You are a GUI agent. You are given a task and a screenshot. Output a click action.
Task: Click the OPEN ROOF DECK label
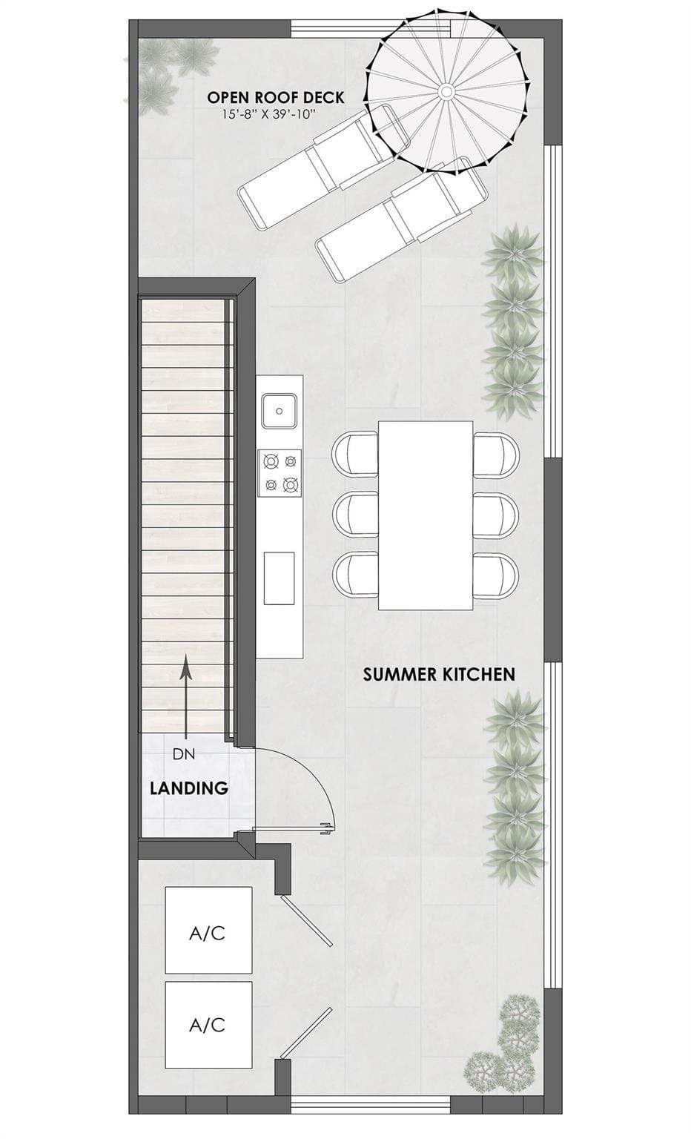pos(276,97)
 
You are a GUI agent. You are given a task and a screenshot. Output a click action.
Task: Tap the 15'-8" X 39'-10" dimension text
pos(269,114)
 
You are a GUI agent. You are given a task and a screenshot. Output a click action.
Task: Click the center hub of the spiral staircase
pos(446,91)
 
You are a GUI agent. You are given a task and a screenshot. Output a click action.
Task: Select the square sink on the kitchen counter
pos(280,410)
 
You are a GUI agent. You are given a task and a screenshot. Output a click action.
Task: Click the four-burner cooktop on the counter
pos(280,473)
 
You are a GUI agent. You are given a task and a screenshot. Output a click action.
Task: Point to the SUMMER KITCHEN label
pos(439,674)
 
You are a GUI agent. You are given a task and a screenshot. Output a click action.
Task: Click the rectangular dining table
pos(426,515)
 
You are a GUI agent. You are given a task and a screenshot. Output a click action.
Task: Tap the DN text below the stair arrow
pos(184,753)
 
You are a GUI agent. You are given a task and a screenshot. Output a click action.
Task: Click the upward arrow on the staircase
pos(186,698)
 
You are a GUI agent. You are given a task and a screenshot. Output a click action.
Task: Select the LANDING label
pos(188,788)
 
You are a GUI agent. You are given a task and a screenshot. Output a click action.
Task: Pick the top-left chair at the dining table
pos(355,454)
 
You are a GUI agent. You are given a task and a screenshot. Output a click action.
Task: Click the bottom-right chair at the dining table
pos(496,575)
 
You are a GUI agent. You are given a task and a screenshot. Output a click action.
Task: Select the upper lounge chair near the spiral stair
pos(325,166)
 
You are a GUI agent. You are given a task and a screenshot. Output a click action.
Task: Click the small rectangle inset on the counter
pos(280,578)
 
